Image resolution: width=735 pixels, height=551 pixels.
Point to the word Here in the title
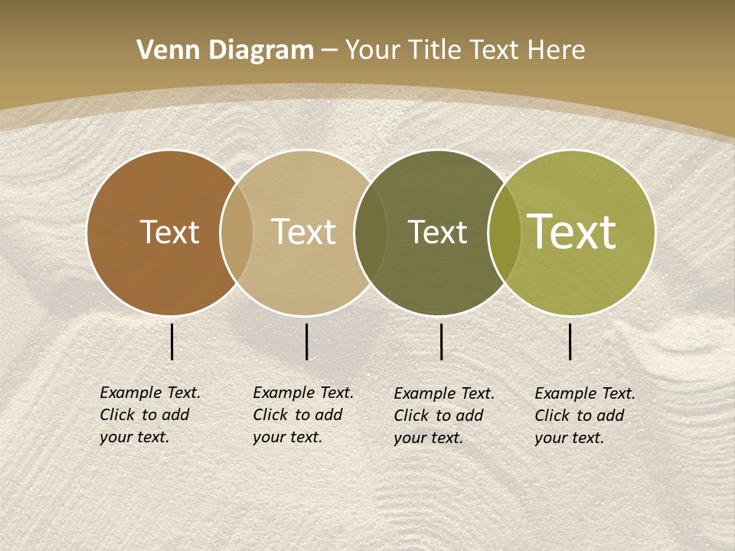point(557,51)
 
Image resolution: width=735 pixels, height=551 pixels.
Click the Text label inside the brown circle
point(169,232)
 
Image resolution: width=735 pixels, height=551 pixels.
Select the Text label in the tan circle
point(303,232)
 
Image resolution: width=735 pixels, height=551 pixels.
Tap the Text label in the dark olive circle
point(437,233)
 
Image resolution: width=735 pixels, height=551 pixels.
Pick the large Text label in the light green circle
point(572,231)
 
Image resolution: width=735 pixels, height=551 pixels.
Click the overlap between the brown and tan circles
point(237,232)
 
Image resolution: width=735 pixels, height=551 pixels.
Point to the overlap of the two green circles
point(505,232)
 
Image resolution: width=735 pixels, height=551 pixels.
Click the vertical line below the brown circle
point(172,341)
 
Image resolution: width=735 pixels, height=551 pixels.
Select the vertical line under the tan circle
point(306,341)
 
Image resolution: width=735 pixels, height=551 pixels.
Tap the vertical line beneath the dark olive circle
point(442,341)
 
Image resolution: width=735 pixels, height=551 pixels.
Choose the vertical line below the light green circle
point(570,341)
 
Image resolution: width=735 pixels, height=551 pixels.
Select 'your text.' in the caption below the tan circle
point(288,437)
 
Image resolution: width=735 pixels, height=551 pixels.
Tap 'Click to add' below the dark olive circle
point(439,416)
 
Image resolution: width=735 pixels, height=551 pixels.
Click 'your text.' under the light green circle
point(570,438)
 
